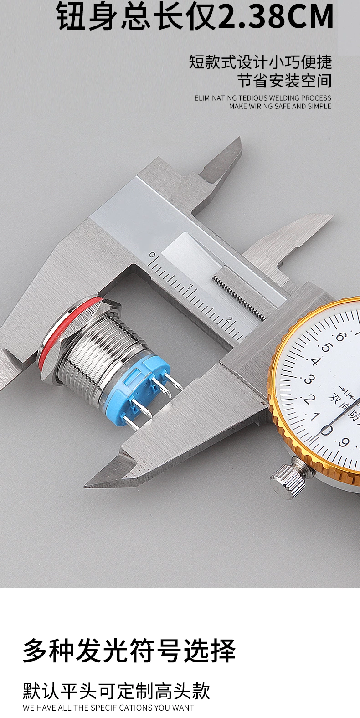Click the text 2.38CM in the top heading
(276, 16)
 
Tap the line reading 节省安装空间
(284, 80)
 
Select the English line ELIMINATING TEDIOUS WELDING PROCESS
(263, 98)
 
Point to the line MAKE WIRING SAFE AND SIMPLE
(280, 106)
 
